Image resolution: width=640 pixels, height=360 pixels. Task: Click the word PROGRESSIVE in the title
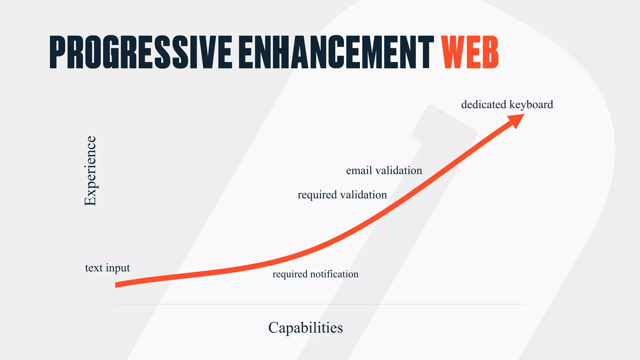click(x=141, y=52)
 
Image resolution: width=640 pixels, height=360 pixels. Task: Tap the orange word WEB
click(x=470, y=52)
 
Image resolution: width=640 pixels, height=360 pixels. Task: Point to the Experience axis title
click(x=91, y=171)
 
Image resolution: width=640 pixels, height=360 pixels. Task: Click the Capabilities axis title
click(x=305, y=328)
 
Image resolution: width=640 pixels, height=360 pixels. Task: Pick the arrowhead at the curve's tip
click(x=517, y=120)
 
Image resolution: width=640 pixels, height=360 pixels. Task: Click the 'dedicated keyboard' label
click(x=507, y=104)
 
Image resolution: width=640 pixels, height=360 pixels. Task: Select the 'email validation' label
click(x=384, y=171)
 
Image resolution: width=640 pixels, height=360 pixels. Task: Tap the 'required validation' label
click(x=342, y=195)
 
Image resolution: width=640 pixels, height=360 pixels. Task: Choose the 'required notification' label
click(x=315, y=274)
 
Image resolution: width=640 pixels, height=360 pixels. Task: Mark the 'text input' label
click(x=107, y=268)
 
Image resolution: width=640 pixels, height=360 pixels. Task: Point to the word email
click(x=359, y=171)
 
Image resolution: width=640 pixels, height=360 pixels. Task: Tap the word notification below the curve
click(x=334, y=274)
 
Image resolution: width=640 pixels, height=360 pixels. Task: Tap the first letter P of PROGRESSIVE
click(x=57, y=52)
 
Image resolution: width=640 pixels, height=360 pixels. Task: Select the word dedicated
click(x=483, y=104)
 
